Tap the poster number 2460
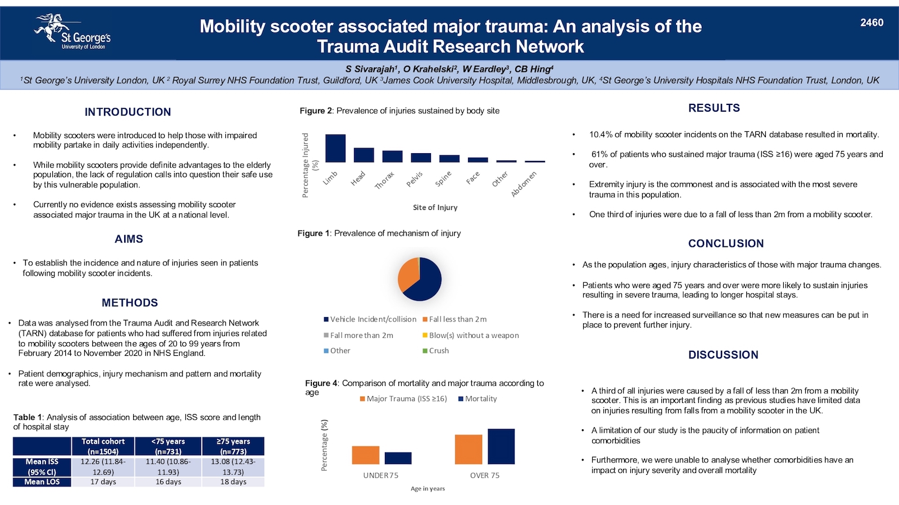(x=871, y=22)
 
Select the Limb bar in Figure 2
(x=335, y=148)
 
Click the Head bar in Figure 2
(x=364, y=155)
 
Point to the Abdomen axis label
(x=524, y=184)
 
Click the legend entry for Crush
(x=436, y=351)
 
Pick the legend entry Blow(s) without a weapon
(x=471, y=335)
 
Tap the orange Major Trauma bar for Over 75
(x=469, y=449)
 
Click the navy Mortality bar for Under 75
(x=398, y=458)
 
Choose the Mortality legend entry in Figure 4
(x=478, y=399)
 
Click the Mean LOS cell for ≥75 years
(x=233, y=482)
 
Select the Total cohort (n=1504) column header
(x=103, y=446)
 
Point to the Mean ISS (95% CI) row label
(x=42, y=467)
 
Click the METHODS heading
(x=130, y=302)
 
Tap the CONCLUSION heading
(x=726, y=244)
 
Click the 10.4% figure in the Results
(x=601, y=135)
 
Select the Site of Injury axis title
(x=435, y=207)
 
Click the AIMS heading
(x=129, y=239)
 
